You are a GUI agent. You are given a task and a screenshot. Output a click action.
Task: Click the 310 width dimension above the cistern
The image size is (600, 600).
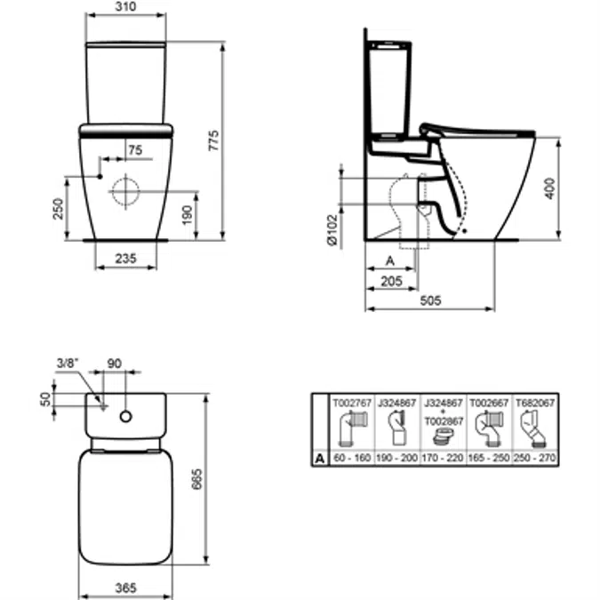[x=125, y=6]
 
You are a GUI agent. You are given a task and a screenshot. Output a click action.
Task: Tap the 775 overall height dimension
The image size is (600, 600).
[x=214, y=140]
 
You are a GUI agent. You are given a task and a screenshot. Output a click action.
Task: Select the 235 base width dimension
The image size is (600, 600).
[x=125, y=259]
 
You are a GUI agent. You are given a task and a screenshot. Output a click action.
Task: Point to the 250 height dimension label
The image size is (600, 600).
[x=58, y=209]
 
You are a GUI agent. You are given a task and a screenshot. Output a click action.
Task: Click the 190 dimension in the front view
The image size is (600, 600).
[x=188, y=215]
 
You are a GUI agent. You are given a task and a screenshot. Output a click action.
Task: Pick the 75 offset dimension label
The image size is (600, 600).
[x=135, y=150]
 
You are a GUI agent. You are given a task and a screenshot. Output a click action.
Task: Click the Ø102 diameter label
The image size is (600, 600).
[x=332, y=229]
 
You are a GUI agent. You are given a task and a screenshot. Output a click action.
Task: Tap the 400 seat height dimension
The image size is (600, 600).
[x=549, y=188]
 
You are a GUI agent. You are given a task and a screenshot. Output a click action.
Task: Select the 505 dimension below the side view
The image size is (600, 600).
[x=430, y=300]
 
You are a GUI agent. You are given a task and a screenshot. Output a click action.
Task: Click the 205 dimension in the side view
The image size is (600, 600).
[x=391, y=281]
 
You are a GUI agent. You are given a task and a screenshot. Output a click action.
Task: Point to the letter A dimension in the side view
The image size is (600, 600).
[x=390, y=261]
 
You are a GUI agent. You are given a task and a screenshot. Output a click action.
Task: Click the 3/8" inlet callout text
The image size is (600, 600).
[x=68, y=363]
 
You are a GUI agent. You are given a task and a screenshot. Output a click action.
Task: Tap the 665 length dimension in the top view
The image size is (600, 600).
[x=196, y=479]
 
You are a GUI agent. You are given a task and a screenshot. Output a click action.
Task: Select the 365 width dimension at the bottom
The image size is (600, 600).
[x=125, y=588]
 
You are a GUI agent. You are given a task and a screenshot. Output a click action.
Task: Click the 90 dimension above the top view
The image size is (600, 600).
[x=115, y=364]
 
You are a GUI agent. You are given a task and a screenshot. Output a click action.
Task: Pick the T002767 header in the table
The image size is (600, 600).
[x=352, y=403]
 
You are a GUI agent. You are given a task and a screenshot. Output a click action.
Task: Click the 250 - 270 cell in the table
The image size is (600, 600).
[x=535, y=458]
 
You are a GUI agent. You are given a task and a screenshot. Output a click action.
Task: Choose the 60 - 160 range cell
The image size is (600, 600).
[x=352, y=458]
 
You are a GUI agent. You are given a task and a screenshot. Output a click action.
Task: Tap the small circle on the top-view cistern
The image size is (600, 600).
[x=126, y=416]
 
